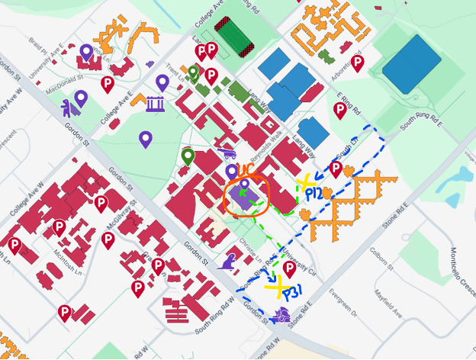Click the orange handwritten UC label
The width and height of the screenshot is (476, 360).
coord(246,169)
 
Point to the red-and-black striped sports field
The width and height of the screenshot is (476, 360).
coord(233,37)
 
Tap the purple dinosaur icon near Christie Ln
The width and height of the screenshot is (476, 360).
coord(227,264)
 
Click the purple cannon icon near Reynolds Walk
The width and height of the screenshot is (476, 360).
coord(225,153)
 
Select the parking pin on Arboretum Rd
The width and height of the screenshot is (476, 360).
coord(357,63)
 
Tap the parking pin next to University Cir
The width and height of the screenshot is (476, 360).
coord(289,269)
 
